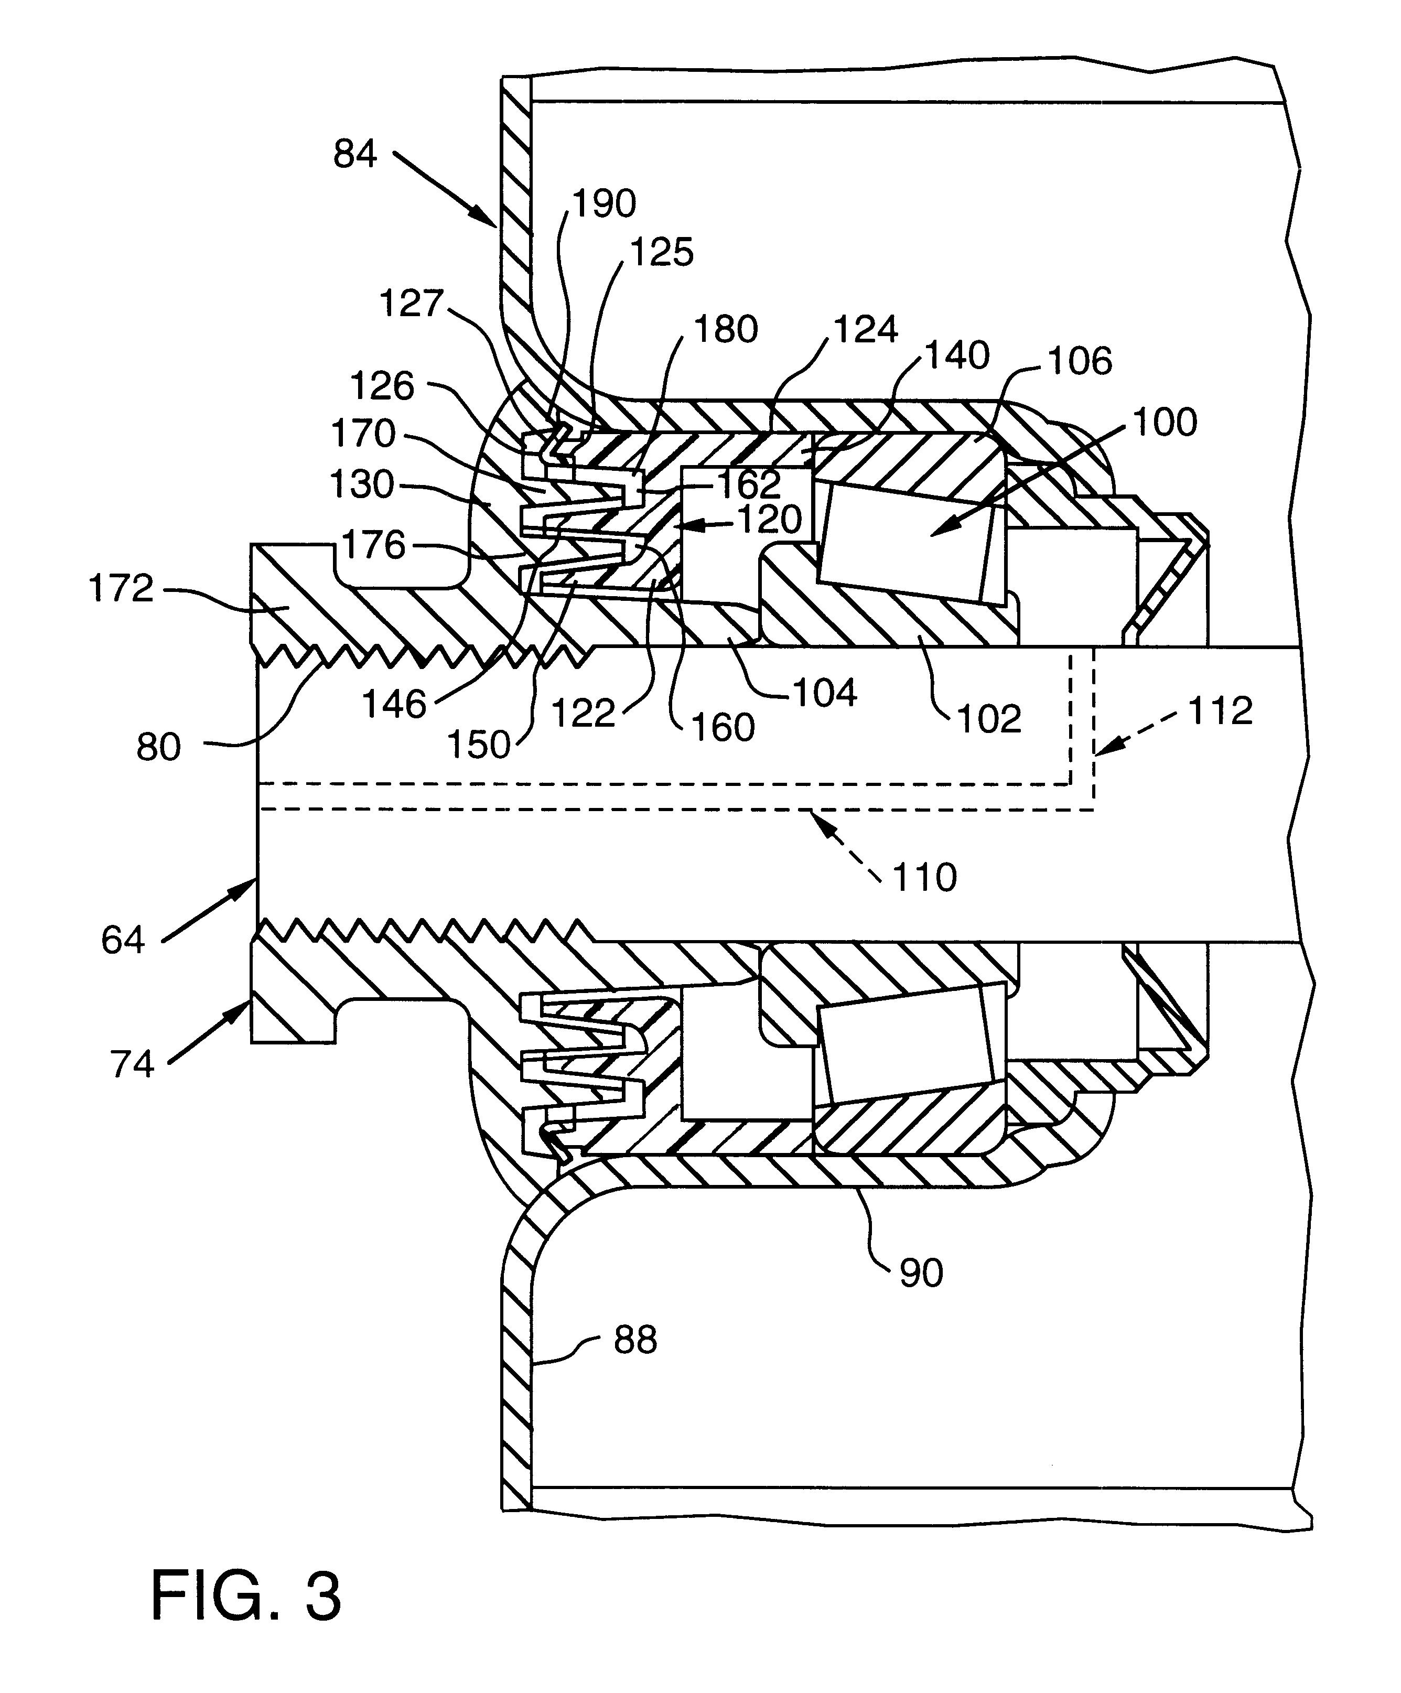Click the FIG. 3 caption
246,1596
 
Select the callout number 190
605,204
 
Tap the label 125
662,252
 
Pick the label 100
1165,423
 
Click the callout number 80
158,747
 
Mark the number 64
123,940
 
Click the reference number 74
132,1064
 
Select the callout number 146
394,705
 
